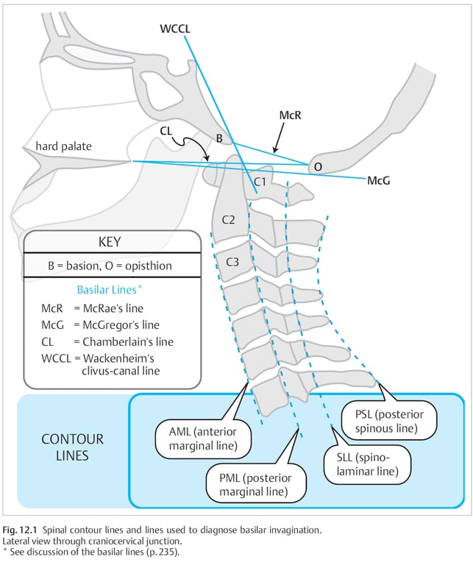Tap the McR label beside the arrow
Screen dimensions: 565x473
click(x=291, y=116)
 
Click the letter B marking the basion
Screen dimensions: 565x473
click(x=218, y=138)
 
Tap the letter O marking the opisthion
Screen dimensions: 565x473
click(x=318, y=167)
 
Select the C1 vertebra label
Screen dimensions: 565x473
click(x=260, y=180)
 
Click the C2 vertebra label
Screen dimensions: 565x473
click(x=229, y=220)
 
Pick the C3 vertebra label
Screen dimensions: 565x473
click(x=232, y=261)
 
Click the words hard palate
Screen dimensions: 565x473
click(x=64, y=146)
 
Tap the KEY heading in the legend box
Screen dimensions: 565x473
click(x=113, y=242)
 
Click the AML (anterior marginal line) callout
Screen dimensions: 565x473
click(x=203, y=438)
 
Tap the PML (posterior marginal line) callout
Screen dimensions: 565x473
click(x=256, y=485)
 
